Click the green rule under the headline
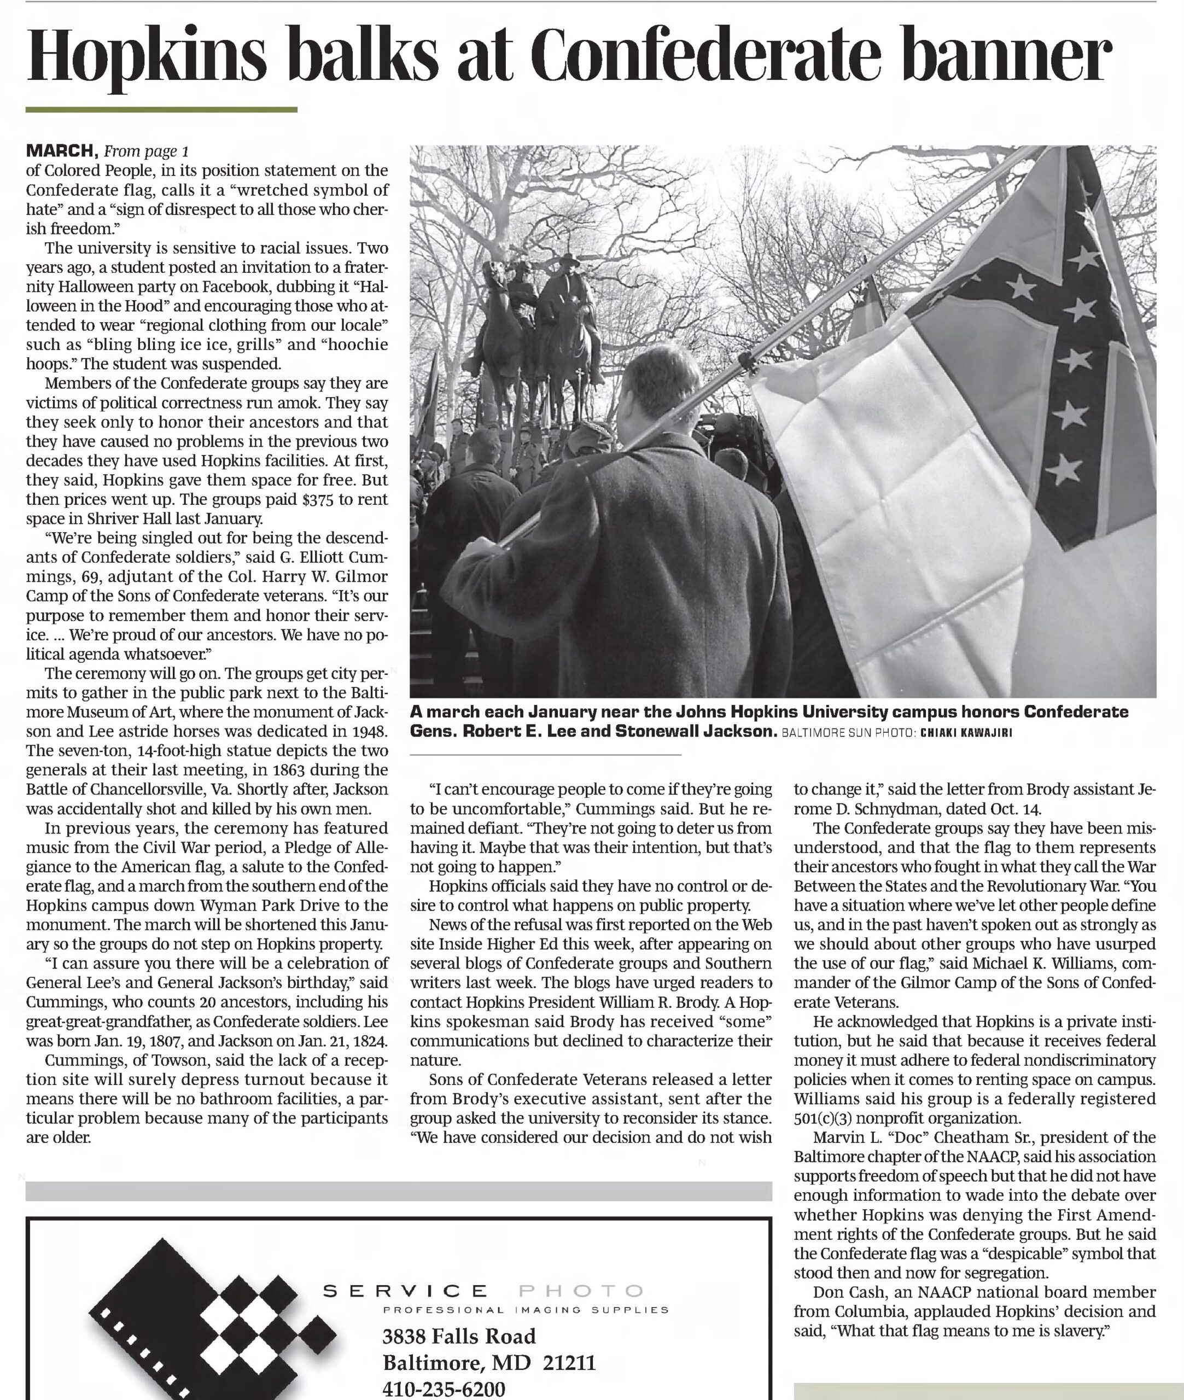pyautogui.click(x=161, y=109)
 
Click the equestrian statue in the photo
pyautogui.click(x=537, y=322)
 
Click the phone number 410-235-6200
pyautogui.click(x=444, y=1389)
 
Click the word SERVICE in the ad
pyautogui.click(x=406, y=1291)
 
